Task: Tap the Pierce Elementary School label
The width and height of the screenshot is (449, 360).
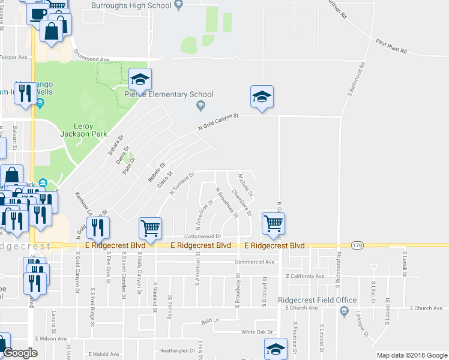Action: click(169, 94)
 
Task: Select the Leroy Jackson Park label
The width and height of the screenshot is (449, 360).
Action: click(85, 130)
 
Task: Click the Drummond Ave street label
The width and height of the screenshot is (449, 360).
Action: click(91, 60)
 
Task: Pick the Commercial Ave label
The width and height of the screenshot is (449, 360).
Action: click(255, 262)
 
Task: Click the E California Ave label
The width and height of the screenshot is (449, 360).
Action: click(306, 277)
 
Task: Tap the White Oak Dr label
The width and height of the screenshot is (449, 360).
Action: click(256, 332)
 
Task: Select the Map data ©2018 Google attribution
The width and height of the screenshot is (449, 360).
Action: click(412, 355)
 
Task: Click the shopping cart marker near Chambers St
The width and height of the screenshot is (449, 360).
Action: click(273, 223)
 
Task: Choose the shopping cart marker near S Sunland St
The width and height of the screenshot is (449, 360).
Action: click(150, 228)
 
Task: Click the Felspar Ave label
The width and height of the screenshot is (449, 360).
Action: click(14, 58)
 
